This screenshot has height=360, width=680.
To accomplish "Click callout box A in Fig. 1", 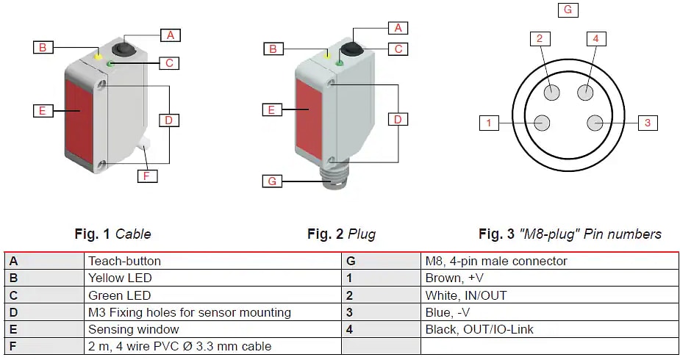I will pyautogui.click(x=171, y=35).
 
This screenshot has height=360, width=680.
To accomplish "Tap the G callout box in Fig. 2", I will pyautogui.click(x=273, y=181).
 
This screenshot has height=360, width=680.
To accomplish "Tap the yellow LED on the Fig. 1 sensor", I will pyautogui.click(x=98, y=56).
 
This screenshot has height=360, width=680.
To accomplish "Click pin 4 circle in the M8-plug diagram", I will pyautogui.click(x=586, y=92).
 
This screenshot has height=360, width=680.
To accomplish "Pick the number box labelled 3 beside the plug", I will pyautogui.click(x=647, y=123).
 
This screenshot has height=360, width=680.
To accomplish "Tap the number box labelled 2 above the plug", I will pyautogui.click(x=539, y=38).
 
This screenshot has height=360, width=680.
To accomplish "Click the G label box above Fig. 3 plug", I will pyautogui.click(x=567, y=10).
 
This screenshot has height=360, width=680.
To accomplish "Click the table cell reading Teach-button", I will pyautogui.click(x=124, y=261).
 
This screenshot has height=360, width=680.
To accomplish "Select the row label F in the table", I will pyautogui.click(x=13, y=346).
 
